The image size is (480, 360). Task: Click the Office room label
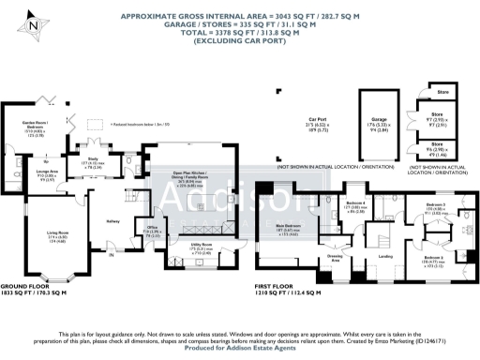click(x=152, y=229)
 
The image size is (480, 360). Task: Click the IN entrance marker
click(x=111, y=254)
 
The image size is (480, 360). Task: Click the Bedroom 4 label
click(x=354, y=203)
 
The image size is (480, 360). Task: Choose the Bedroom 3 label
click(x=436, y=204)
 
